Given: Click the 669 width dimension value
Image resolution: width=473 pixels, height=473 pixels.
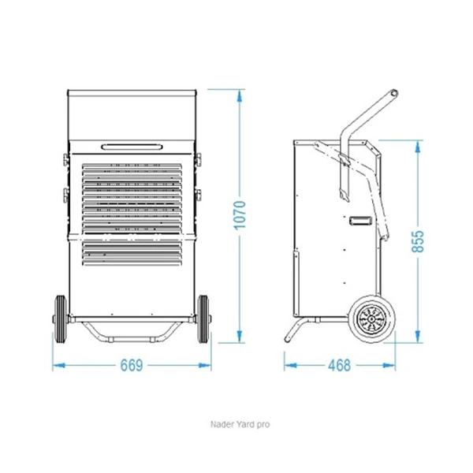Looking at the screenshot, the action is pyautogui.click(x=132, y=365).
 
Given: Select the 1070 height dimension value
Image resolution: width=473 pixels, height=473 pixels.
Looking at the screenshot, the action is pyautogui.click(x=240, y=215).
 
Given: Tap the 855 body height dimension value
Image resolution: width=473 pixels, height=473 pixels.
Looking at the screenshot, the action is pyautogui.click(x=418, y=241).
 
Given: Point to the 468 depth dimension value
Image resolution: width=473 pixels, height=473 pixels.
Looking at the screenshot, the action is pyautogui.click(x=339, y=365).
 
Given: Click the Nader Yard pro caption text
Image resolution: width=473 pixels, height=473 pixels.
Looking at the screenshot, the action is pyautogui.click(x=240, y=424).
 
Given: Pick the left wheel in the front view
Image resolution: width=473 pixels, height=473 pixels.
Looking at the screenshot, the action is pyautogui.click(x=61, y=319).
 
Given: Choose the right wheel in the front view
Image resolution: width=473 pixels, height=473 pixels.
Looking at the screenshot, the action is pyautogui.click(x=203, y=319).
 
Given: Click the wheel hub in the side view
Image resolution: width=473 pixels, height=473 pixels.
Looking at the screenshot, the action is pyautogui.click(x=371, y=318).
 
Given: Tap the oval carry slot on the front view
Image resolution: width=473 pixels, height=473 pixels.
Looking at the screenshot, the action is pyautogui.click(x=132, y=147).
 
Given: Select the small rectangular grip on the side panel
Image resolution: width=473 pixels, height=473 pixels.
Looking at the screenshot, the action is pyautogui.click(x=360, y=221).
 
